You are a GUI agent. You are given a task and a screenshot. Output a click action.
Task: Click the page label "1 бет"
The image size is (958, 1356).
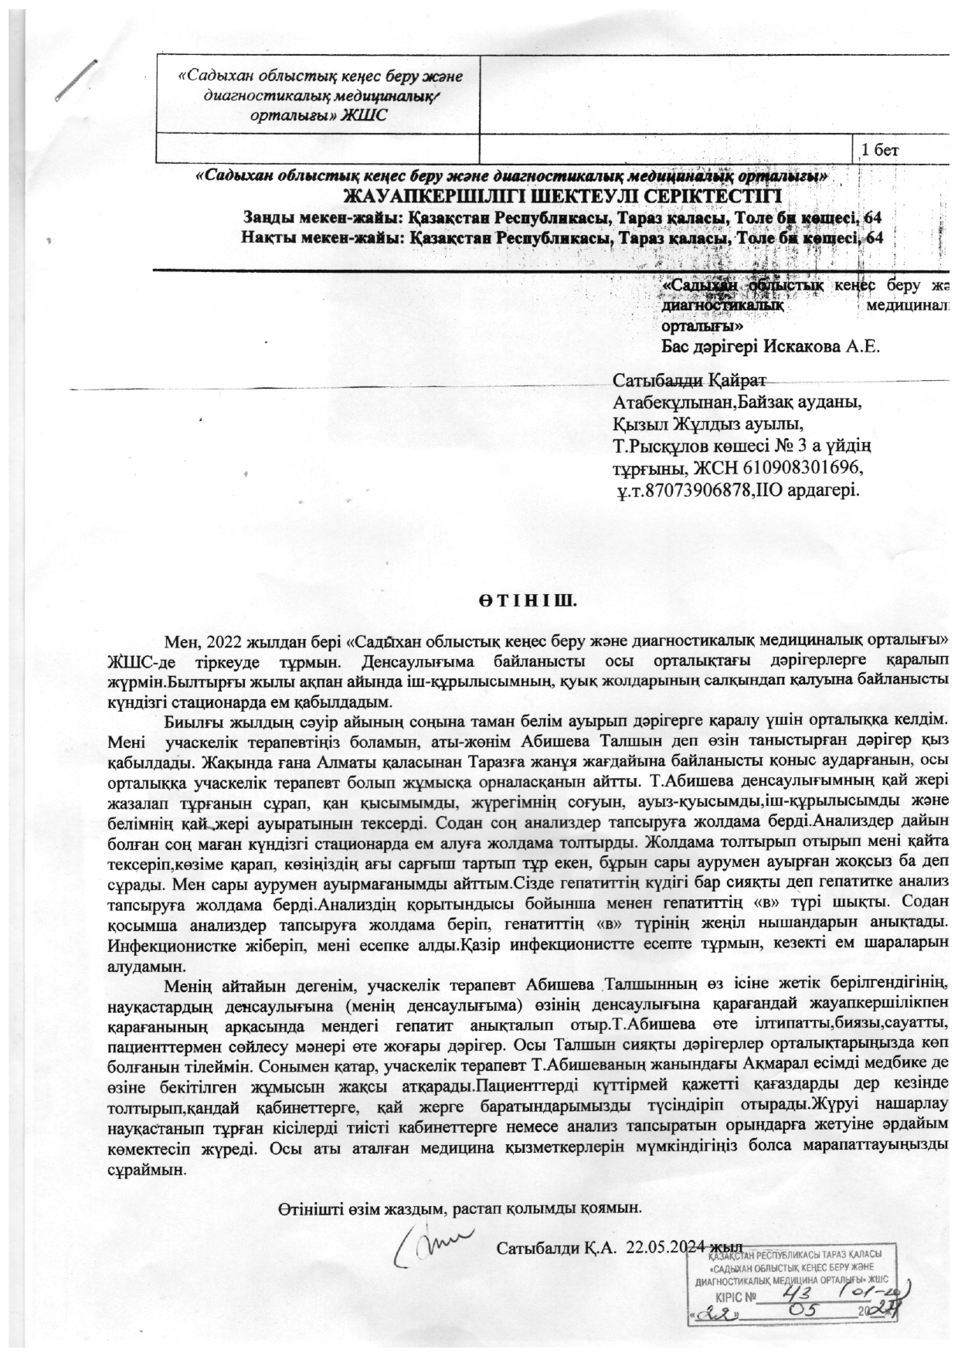(879, 149)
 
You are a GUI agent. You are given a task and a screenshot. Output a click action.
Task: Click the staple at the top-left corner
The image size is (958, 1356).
(78, 80)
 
